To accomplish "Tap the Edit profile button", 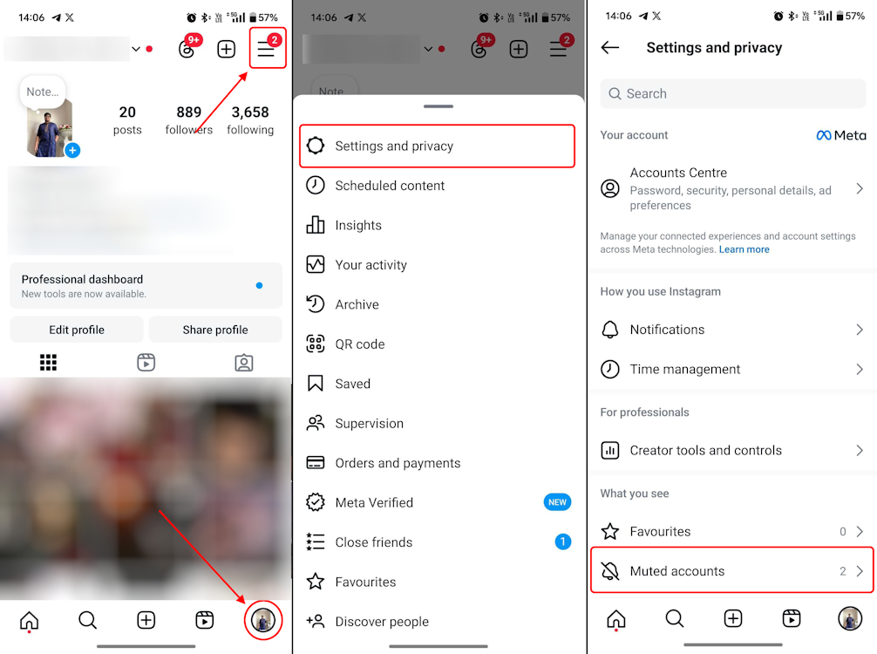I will (77, 330).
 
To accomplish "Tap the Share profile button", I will (215, 330).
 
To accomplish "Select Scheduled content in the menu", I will (390, 186).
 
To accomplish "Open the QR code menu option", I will (359, 344).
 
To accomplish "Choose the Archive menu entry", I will (357, 304).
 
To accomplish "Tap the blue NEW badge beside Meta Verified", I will (557, 502).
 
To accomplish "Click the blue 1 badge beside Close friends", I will (562, 542).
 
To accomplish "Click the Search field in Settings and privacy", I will (732, 93).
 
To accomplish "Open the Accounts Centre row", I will (731, 188).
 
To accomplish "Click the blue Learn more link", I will (744, 249).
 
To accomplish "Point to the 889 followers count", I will (188, 119).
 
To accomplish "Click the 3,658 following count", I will (250, 119).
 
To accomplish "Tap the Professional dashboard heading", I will (83, 280).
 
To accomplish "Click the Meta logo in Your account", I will (841, 135).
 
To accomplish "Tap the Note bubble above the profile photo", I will (42, 92).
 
